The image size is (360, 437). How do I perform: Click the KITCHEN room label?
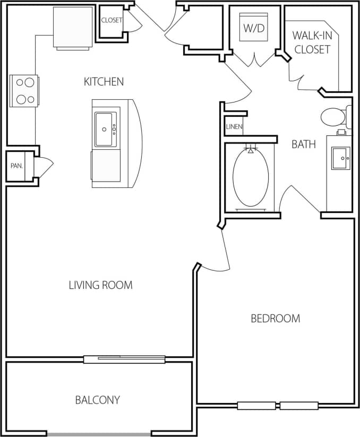104,81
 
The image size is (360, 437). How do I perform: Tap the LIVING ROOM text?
100,285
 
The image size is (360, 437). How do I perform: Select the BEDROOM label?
275,319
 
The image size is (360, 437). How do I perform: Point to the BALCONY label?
97,400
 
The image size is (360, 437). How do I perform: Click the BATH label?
304,144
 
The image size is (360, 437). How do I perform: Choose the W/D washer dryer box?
253,28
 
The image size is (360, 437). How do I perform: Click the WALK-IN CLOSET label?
312,42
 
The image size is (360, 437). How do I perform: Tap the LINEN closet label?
234,127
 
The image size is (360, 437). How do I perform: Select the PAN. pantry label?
16,166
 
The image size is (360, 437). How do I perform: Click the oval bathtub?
251,178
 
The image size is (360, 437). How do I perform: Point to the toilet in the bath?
333,116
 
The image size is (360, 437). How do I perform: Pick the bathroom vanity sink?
340,158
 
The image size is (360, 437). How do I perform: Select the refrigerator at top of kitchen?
73,28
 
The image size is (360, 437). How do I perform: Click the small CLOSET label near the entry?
112,21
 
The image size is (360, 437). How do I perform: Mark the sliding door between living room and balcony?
124,359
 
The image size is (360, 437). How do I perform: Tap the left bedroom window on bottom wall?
256,406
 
